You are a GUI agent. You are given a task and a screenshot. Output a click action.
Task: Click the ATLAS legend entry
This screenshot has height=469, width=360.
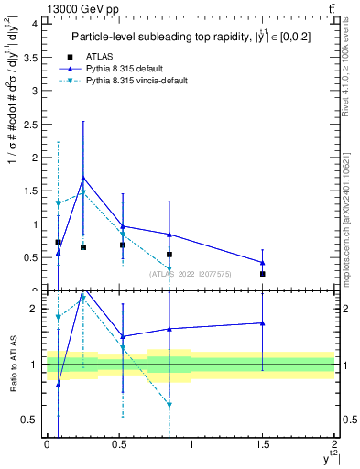click(111, 55)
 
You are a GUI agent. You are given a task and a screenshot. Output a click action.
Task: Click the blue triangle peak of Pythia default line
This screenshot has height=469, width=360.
click(83, 178)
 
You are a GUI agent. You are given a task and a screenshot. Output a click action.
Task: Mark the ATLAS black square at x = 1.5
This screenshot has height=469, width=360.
click(263, 274)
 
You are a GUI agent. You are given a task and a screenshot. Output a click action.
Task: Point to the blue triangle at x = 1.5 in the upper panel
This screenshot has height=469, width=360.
click(263, 263)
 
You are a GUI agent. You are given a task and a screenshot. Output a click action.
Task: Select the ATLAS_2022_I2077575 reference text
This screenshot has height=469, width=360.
click(191, 273)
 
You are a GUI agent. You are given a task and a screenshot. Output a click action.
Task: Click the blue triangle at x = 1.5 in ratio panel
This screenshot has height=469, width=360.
click(263, 322)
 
